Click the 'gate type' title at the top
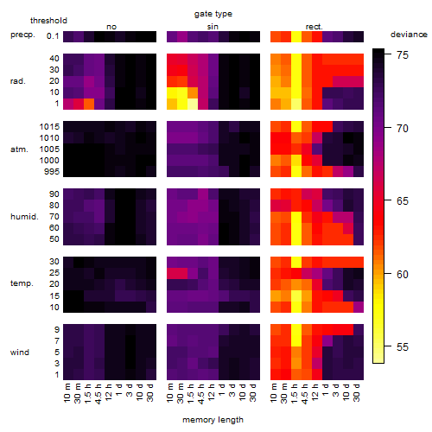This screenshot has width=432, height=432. tap(213, 14)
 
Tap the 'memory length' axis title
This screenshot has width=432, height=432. tap(213, 420)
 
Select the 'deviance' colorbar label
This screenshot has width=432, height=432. tap(409, 35)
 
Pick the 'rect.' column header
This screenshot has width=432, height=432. tap(314, 27)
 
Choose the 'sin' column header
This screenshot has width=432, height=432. tap(213, 27)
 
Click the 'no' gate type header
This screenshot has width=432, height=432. tap(111, 27)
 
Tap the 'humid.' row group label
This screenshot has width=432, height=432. tap(24, 217)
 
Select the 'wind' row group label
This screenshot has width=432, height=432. tap(20, 353)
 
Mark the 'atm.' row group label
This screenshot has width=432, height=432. tap(19, 149)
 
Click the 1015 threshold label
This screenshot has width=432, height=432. tap(49, 127)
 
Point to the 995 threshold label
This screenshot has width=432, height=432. tap(52, 172)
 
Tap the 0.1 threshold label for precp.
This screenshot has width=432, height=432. tap(53, 36)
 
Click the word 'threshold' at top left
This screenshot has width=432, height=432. tap(48, 21)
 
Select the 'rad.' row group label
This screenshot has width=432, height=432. tap(18, 81)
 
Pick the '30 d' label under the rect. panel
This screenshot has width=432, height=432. tap(357, 392)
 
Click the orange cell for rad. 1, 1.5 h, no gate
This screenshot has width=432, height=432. tap(89, 104)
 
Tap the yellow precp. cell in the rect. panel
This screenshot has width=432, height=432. tap(296, 36)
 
